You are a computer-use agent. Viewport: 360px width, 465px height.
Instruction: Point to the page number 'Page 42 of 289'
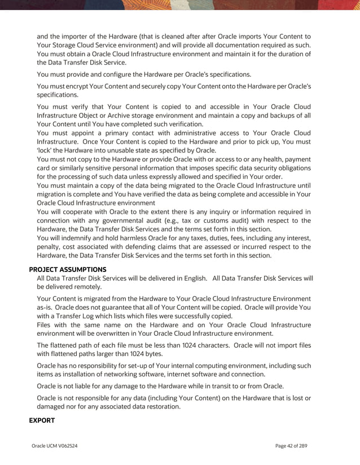click(291, 446)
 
